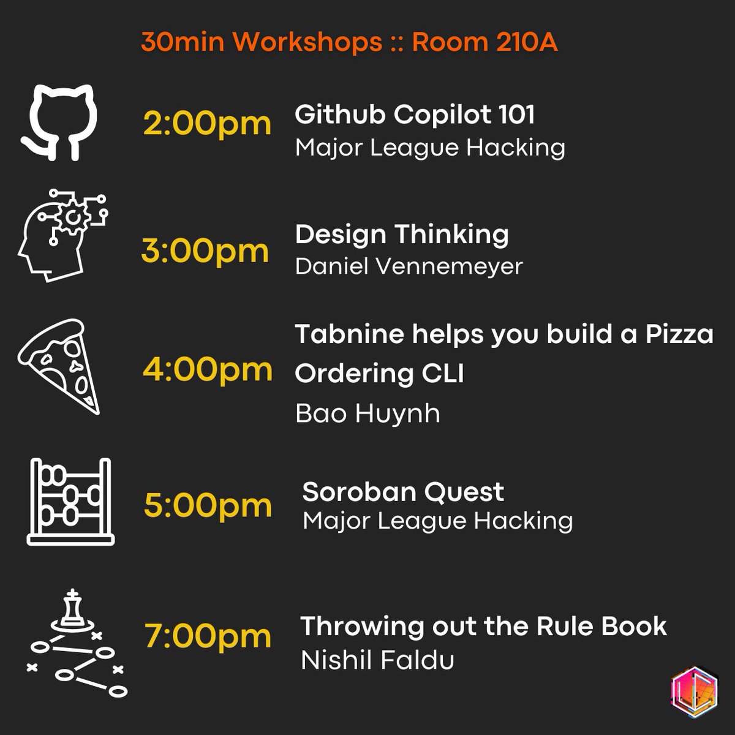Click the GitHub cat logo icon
[x=59, y=123]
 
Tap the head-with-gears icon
[x=61, y=235]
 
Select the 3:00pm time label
[x=205, y=251]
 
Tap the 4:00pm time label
[x=207, y=369]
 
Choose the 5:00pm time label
[x=208, y=506]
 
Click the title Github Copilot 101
[x=415, y=115]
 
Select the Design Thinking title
[x=402, y=235]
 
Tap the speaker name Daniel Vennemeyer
[x=409, y=266]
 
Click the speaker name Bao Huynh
[x=367, y=413]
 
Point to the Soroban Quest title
[x=403, y=492]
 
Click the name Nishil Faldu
[x=377, y=660]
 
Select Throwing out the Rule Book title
[x=483, y=627]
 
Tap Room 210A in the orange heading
[x=484, y=42]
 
